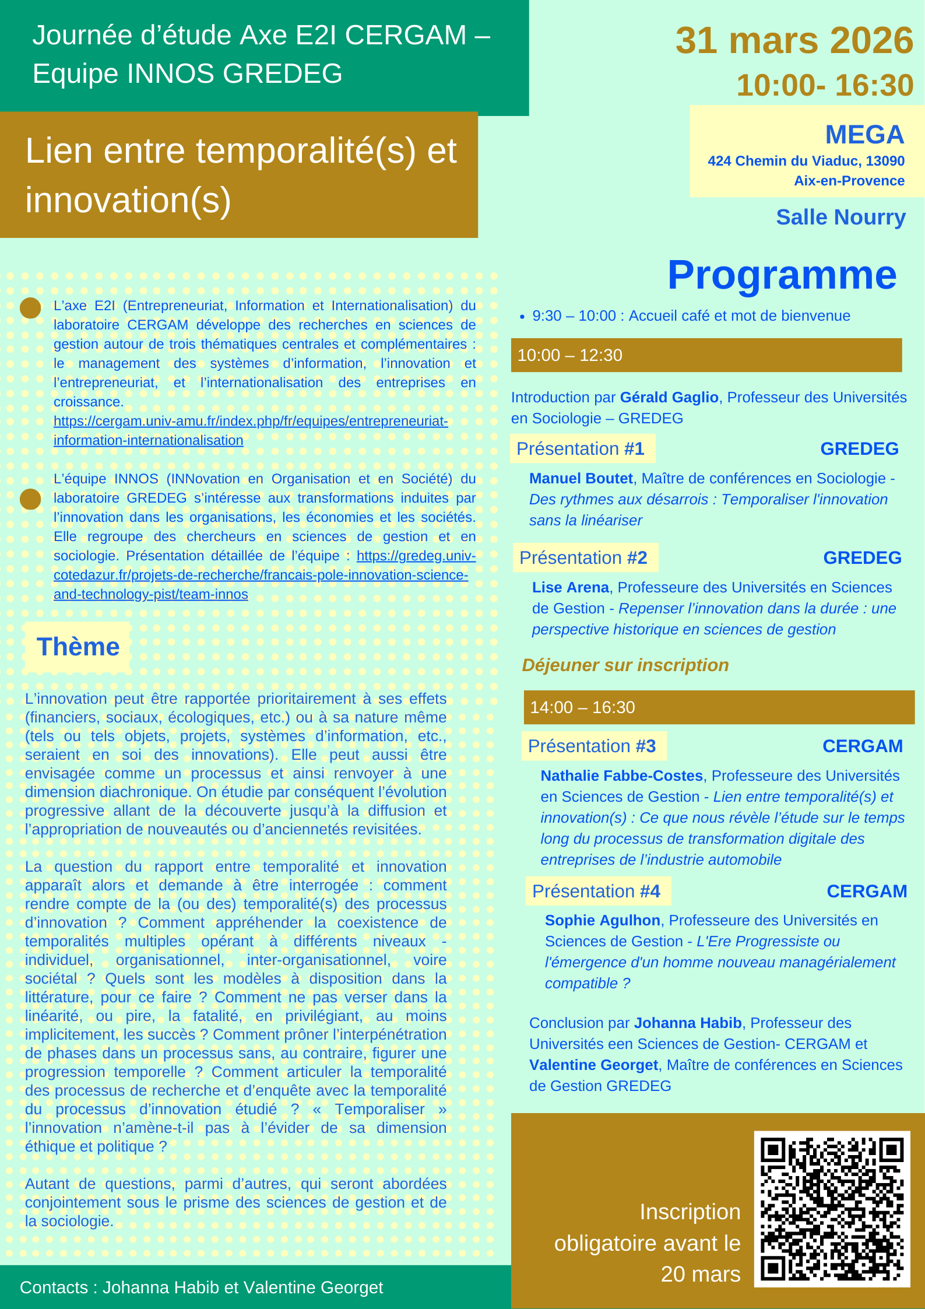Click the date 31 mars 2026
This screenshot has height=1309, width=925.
tap(794, 41)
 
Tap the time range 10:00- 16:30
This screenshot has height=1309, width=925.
tap(824, 85)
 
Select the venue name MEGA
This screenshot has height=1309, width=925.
tap(864, 135)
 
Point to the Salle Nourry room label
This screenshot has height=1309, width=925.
tap(840, 217)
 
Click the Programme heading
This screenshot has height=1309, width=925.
tap(782, 275)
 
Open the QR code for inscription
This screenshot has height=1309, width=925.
tap(832, 1209)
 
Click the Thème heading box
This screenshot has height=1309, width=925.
tap(78, 647)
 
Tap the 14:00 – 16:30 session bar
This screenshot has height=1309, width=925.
tap(718, 707)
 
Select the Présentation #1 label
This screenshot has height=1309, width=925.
tap(581, 448)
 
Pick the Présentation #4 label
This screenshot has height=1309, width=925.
tap(596, 891)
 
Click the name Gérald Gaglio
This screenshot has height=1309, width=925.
tap(669, 397)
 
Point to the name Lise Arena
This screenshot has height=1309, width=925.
tap(570, 587)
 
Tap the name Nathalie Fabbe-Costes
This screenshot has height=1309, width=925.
tap(621, 775)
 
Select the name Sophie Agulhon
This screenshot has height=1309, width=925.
tap(602, 920)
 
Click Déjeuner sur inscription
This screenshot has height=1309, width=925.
tap(625, 665)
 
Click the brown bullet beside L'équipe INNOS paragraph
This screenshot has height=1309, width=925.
tap(30, 499)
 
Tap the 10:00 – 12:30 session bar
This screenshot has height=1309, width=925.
tap(706, 355)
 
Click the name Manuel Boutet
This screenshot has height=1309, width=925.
tap(581, 478)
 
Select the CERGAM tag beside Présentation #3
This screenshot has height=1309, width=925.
tap(862, 746)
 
